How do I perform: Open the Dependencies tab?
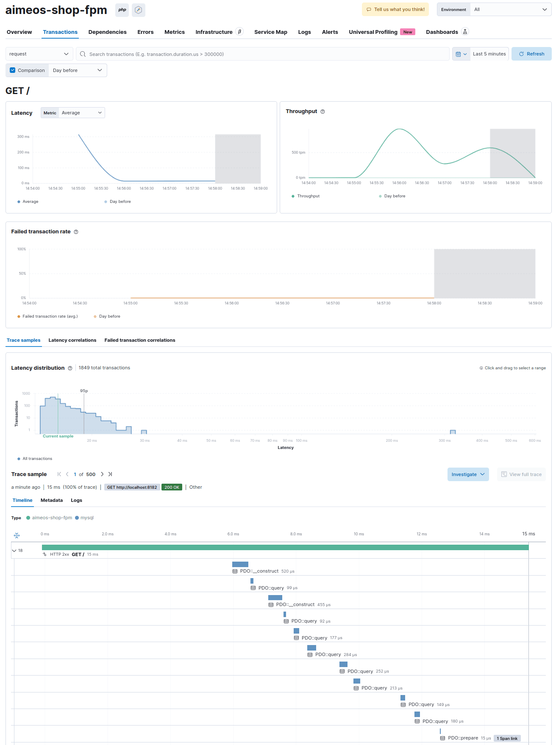tap(107, 32)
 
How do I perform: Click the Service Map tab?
tap(270, 32)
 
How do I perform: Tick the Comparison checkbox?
tap(13, 70)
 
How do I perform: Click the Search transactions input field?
tap(263, 54)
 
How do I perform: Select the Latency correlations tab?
tap(72, 340)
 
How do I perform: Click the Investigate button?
tap(468, 474)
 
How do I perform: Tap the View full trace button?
tap(521, 474)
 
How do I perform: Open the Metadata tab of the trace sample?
tap(52, 500)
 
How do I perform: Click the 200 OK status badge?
tap(172, 487)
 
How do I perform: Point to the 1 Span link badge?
tap(507, 738)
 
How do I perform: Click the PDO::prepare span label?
tap(463, 738)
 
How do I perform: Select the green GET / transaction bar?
tap(285, 547)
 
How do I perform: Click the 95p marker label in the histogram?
tap(84, 391)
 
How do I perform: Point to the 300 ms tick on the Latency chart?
tap(23, 137)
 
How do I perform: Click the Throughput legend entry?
tap(308, 196)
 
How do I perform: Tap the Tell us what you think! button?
tap(395, 9)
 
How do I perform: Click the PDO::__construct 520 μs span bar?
tap(240, 564)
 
